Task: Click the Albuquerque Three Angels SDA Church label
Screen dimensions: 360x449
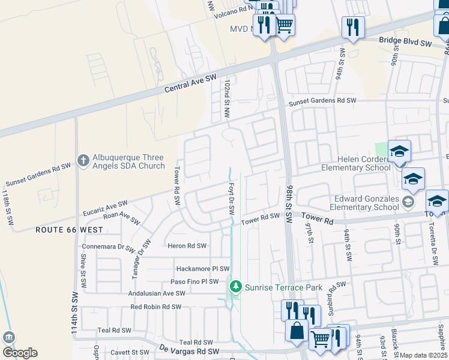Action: [129, 161]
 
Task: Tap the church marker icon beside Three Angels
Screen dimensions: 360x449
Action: [83, 160]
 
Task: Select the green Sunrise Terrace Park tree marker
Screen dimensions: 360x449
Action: [235, 287]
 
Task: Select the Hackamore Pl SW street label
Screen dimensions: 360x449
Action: [202, 269]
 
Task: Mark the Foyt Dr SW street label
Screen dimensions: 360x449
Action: [231, 199]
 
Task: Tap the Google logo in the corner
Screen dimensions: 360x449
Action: [20, 352]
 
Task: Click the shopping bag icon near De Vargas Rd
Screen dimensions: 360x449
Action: [297, 330]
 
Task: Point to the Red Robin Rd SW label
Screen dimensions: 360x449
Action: [155, 307]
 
